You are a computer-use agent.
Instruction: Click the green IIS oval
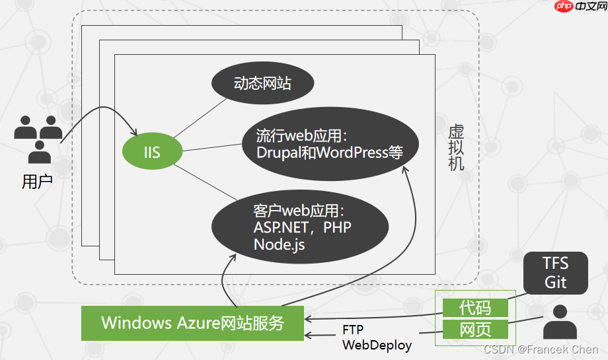point(152,153)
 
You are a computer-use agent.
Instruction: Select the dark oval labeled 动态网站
point(262,84)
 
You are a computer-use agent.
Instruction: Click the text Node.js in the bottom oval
point(279,244)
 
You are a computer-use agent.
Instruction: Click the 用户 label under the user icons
point(37,182)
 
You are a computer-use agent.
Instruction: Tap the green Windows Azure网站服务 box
point(192,323)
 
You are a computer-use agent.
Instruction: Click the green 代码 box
point(475,307)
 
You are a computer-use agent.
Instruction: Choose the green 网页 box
point(475,329)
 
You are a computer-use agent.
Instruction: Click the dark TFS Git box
point(555,272)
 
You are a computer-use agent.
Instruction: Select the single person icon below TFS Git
point(560,322)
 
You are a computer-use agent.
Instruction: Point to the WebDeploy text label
point(377,345)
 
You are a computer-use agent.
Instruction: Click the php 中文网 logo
point(576,7)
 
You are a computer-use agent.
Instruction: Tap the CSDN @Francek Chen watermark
point(541,349)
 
